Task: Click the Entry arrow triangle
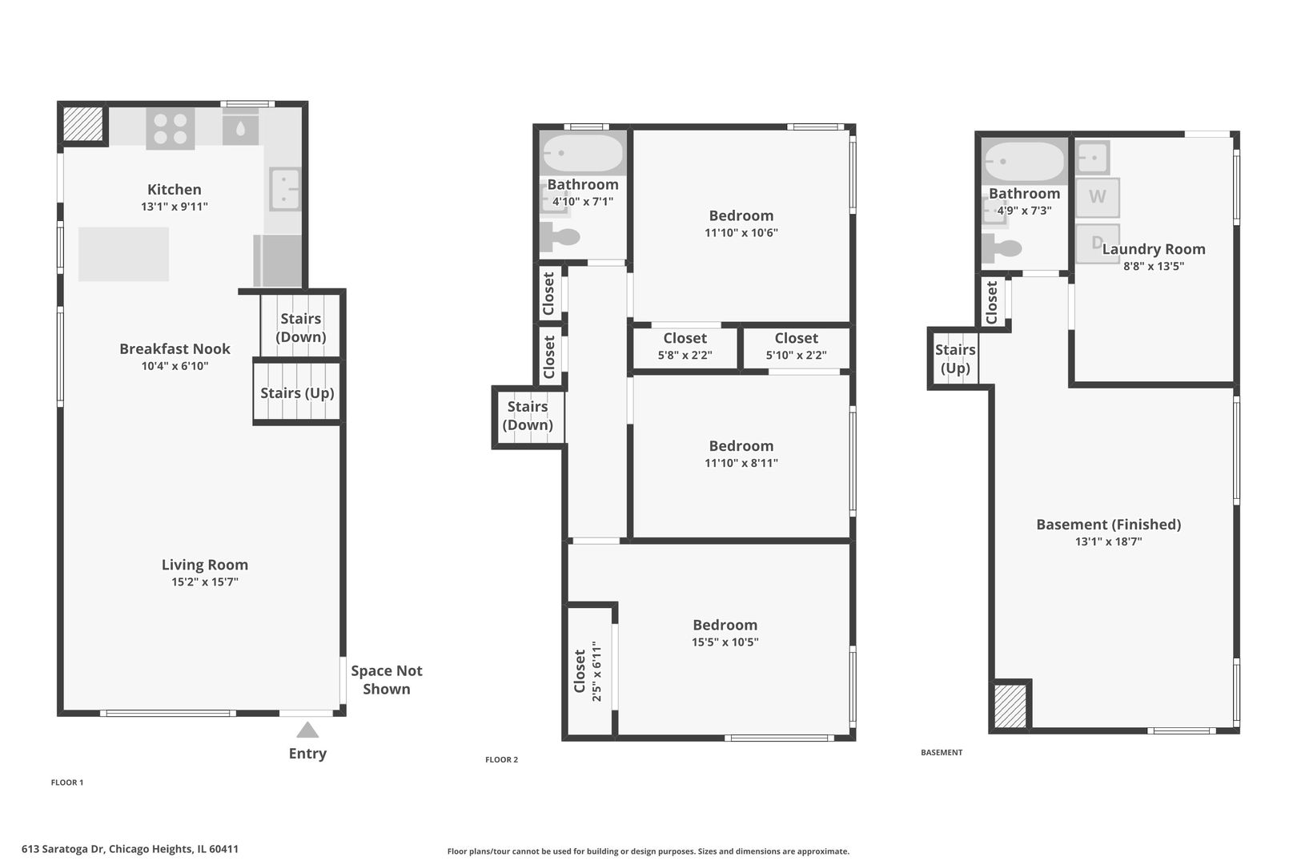(307, 730)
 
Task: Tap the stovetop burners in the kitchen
(171, 129)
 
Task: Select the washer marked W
(1097, 197)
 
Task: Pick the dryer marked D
(1097, 243)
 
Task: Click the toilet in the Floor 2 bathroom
(560, 236)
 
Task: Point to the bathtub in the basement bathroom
(1024, 161)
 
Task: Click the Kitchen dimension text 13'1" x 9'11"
(175, 207)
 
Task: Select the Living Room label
(204, 565)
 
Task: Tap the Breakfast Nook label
(175, 348)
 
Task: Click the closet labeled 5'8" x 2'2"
(685, 347)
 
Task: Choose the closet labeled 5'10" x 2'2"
(796, 347)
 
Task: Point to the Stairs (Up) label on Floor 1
(297, 392)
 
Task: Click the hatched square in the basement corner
(1010, 706)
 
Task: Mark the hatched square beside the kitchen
(82, 123)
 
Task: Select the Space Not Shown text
(386, 680)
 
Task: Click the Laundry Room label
(1154, 249)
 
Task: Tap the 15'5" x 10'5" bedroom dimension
(725, 642)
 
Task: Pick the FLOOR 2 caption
(501, 759)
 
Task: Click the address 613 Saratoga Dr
(62, 849)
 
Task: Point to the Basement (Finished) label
(1108, 525)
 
